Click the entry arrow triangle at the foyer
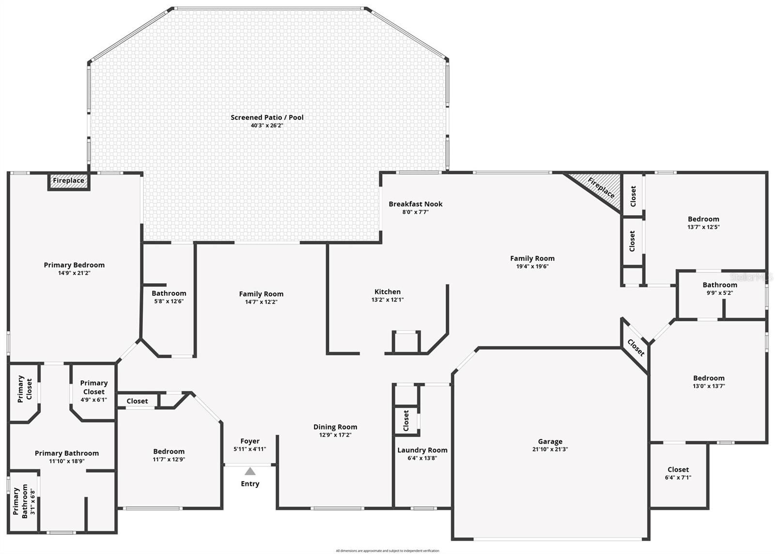pos(250,471)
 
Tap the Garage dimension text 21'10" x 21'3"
pos(550,449)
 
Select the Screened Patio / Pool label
pos(267,117)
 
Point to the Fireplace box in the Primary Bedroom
pos(68,181)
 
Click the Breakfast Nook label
pos(415,204)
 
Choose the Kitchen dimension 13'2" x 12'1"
pos(387,300)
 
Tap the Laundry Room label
pos(422,450)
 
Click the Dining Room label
pos(335,427)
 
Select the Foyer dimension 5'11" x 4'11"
pos(250,449)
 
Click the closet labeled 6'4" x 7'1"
pos(678,473)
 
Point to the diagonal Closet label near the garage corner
pos(635,348)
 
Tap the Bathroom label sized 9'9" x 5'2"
pos(720,285)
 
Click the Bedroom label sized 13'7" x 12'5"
pos(703,219)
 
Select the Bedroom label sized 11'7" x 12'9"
pos(169,452)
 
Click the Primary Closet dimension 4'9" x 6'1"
pos(93,400)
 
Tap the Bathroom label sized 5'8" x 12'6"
pos(169,293)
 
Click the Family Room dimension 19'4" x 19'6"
pos(532,266)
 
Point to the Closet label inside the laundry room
pos(406,420)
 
